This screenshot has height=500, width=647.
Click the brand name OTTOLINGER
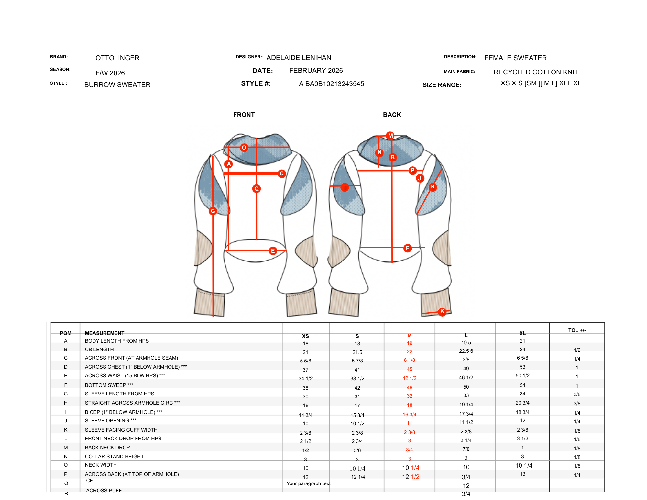pyautogui.click(x=117, y=58)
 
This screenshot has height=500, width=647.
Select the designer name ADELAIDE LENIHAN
pyautogui.click(x=299, y=58)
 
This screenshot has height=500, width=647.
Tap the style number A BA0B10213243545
pyautogui.click(x=331, y=84)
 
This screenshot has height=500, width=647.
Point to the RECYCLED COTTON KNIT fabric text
pyautogui.click(x=536, y=72)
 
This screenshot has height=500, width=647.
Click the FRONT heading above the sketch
pyautogui.click(x=244, y=115)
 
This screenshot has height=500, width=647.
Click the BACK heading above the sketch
pyautogui.click(x=392, y=115)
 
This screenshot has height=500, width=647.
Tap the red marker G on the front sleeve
pyautogui.click(x=213, y=211)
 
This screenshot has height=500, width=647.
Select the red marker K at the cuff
pyautogui.click(x=442, y=311)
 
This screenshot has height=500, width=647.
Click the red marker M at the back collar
pyautogui.click(x=390, y=136)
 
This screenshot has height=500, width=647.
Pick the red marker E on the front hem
pyautogui.click(x=273, y=251)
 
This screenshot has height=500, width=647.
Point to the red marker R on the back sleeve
pyautogui.click(x=433, y=187)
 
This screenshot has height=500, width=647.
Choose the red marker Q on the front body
pyautogui.click(x=257, y=189)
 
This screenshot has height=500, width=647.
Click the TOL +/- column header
pyautogui.click(x=577, y=330)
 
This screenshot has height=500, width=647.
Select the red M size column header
pyautogui.click(x=410, y=336)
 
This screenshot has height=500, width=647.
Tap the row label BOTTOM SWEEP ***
pyautogui.click(x=109, y=385)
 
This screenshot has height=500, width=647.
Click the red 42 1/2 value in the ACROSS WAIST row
pyautogui.click(x=410, y=378)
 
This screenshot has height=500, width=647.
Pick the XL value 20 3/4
pyautogui.click(x=522, y=403)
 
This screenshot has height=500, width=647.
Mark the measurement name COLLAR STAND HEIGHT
pyautogui.click(x=114, y=456)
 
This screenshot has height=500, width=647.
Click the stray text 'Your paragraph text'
pyautogui.click(x=309, y=483)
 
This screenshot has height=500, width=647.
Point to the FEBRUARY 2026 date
pyautogui.click(x=316, y=71)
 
